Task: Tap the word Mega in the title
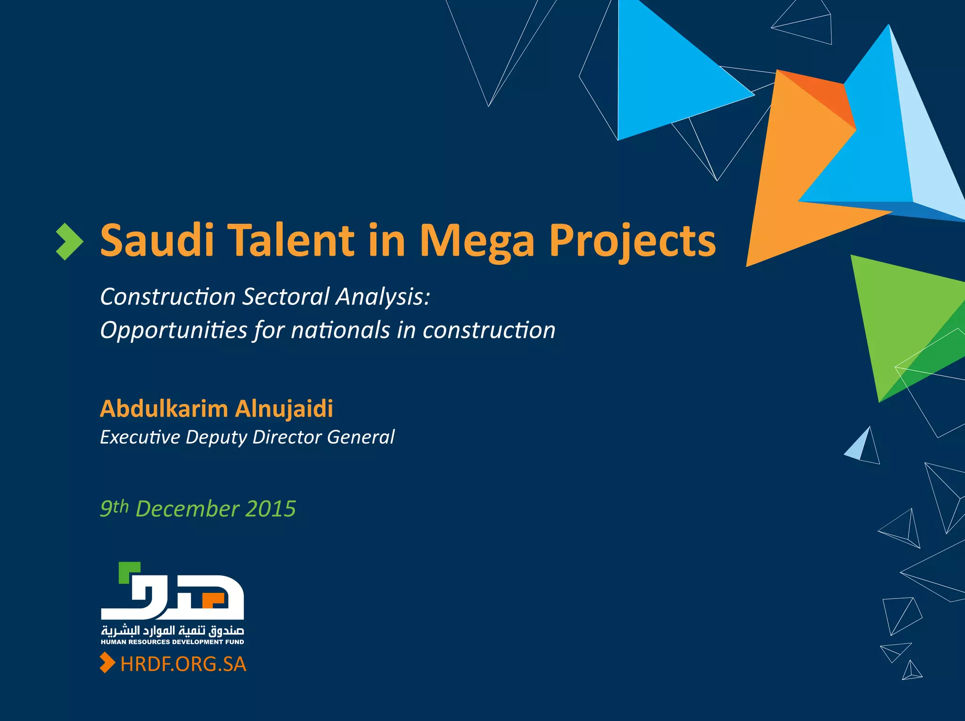pyautogui.click(x=477, y=241)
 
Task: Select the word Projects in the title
pyautogui.click(x=632, y=241)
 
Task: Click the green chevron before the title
pyautogui.click(x=69, y=242)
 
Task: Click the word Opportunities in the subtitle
pyautogui.click(x=173, y=330)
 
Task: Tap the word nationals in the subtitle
pyautogui.click(x=340, y=330)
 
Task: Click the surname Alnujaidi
pyautogui.click(x=284, y=409)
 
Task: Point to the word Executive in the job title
pyautogui.click(x=140, y=437)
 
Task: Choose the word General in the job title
pyautogui.click(x=360, y=437)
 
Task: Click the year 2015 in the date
pyautogui.click(x=270, y=509)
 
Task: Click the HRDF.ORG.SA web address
pyautogui.click(x=183, y=664)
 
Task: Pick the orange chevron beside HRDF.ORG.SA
pyautogui.click(x=107, y=663)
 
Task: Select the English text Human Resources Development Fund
pyautogui.click(x=172, y=642)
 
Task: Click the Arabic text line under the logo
pyautogui.click(x=172, y=631)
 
